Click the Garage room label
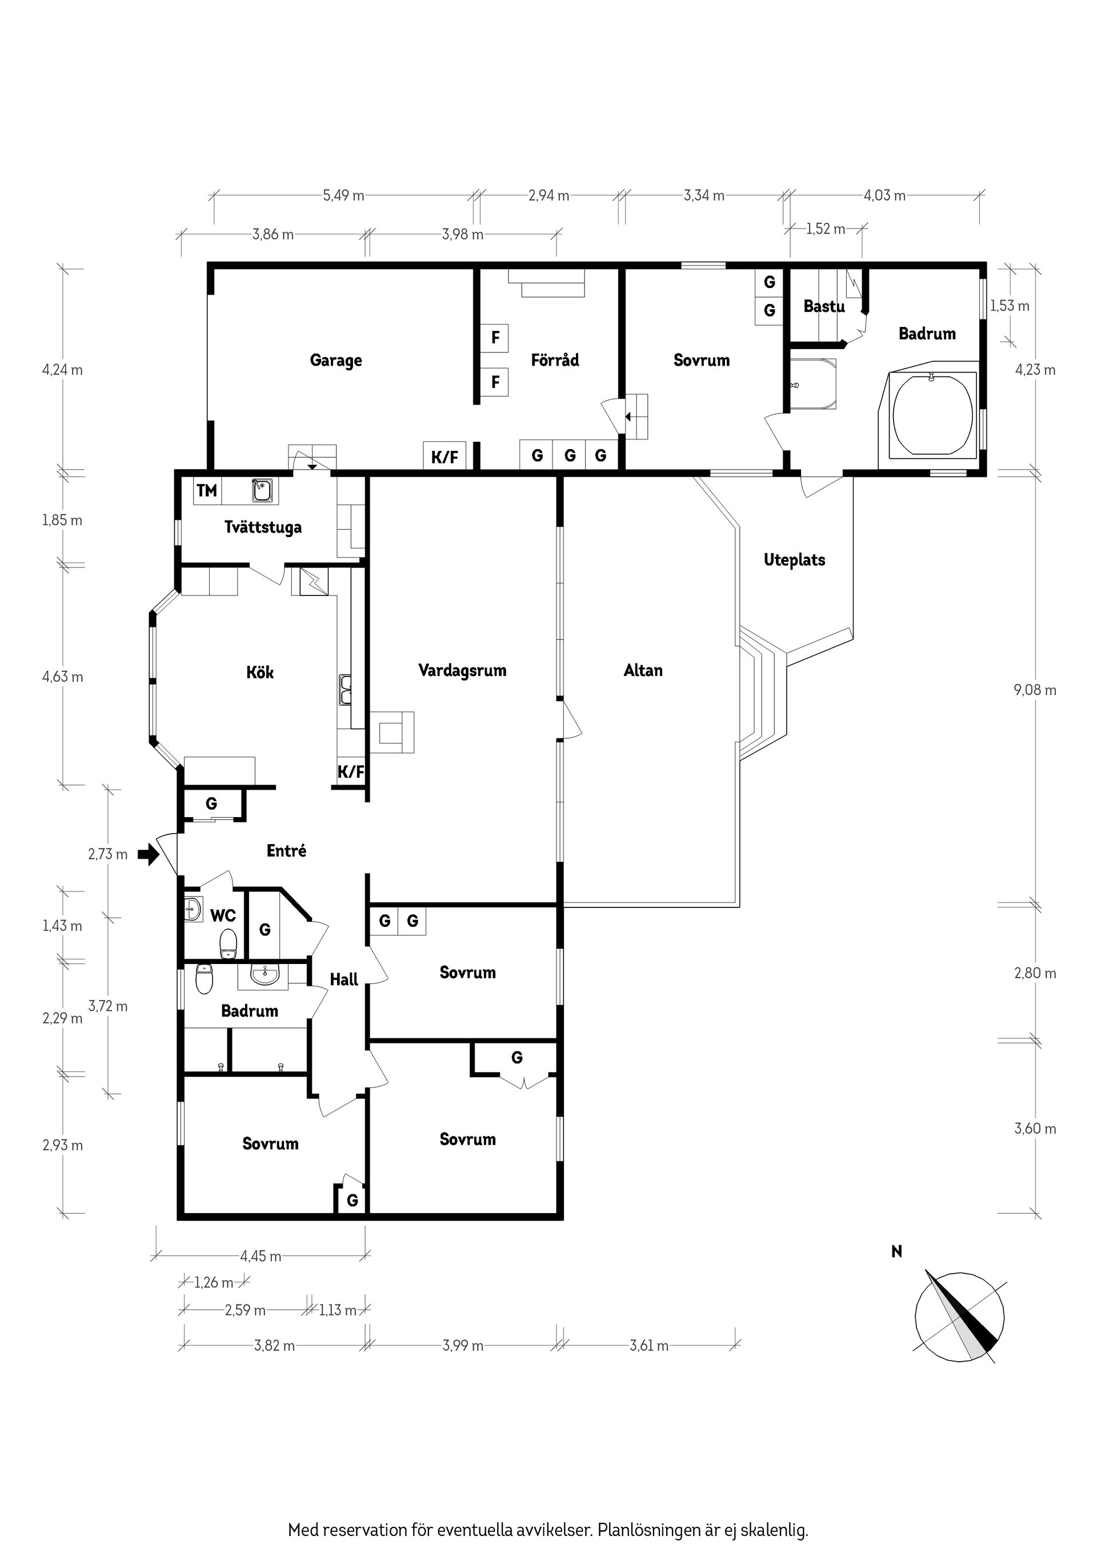(336, 360)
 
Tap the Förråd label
(555, 359)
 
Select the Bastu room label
(824, 306)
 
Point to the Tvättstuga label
(263, 527)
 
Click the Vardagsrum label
(462, 670)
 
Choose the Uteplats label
(794, 559)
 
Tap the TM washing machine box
(207, 490)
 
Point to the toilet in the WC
(229, 943)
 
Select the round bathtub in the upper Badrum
(933, 415)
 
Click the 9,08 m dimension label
(1035, 690)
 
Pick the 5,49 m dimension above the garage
(343, 196)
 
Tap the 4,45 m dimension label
(261, 1257)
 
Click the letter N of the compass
(897, 1252)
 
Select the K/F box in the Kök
(351, 772)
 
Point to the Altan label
(643, 670)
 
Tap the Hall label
(344, 979)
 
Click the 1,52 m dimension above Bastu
(825, 229)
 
